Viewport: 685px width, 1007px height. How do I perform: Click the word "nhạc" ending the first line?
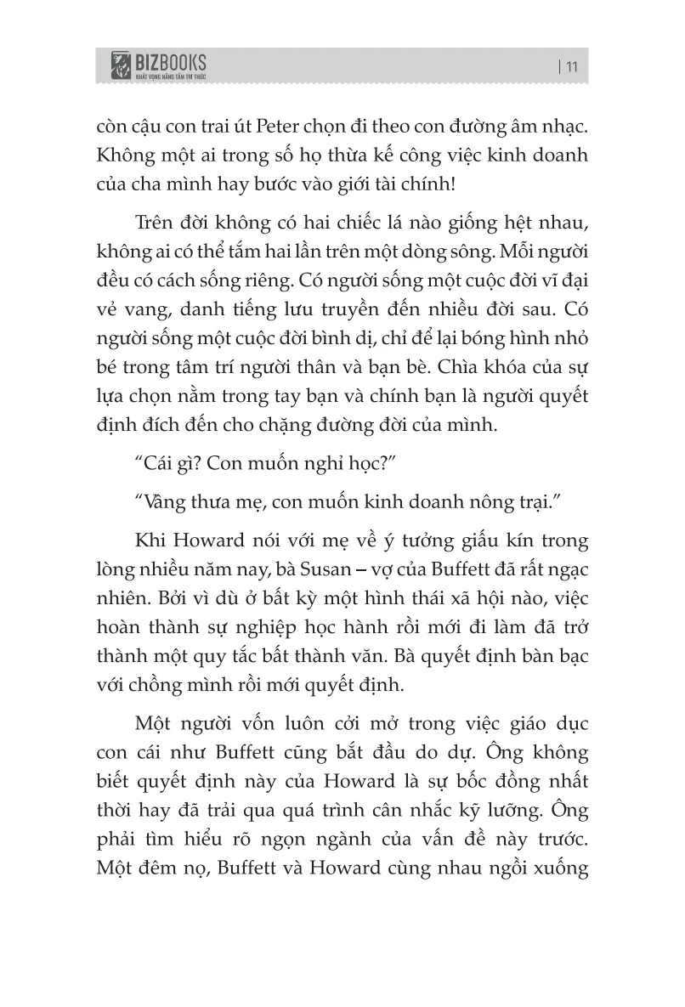click(x=557, y=126)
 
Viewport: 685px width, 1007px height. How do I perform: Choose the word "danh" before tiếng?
click(x=199, y=317)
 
